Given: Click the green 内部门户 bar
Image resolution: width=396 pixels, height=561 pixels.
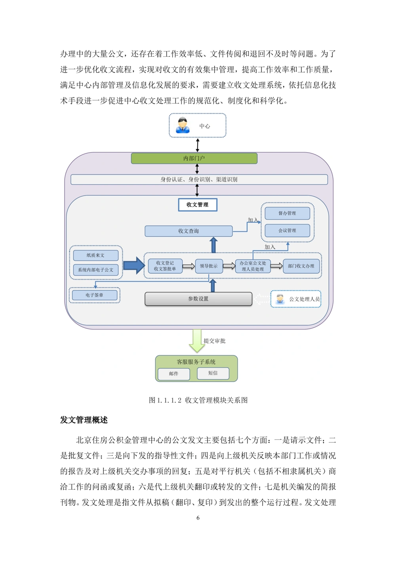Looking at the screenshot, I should tap(194, 159).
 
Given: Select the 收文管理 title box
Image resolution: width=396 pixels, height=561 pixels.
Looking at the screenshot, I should tap(198, 205).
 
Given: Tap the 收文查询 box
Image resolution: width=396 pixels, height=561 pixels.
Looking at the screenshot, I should tap(188, 231).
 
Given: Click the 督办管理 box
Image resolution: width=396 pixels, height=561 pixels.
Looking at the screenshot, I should tap(287, 213).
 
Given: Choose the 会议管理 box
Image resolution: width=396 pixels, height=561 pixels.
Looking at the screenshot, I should tap(287, 230).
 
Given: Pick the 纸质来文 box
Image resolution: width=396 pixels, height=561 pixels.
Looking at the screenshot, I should tap(95, 255).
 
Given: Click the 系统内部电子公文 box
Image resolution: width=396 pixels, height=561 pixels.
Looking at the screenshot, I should tap(95, 270).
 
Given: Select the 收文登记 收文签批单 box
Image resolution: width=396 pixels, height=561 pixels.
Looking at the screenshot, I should tap(165, 266).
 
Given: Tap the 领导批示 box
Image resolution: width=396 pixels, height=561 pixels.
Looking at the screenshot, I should tap(209, 266).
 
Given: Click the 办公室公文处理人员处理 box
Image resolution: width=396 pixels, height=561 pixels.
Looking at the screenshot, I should tap(253, 266).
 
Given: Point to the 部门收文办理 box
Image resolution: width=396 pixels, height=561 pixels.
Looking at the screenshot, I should tap(301, 266).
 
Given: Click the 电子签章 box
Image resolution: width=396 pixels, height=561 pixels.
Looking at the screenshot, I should tap(94, 295).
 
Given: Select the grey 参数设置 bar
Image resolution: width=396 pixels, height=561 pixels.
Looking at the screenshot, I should tap(198, 299).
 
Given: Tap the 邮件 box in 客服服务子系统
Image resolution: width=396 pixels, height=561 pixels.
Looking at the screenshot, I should tap(173, 374).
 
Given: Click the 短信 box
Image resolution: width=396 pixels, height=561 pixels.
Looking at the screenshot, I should tap(213, 373).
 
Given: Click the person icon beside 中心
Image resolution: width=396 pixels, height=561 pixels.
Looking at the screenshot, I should tap(183, 125).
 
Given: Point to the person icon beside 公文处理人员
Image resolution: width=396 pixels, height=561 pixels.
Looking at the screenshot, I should tap(280, 299).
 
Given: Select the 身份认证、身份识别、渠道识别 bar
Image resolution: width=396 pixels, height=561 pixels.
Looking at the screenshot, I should tap(199, 180).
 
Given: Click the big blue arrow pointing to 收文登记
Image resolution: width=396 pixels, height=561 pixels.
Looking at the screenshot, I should tap(134, 265).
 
